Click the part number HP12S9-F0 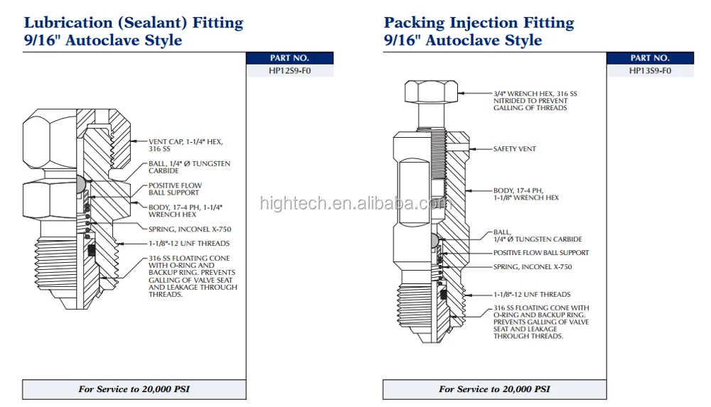pyautogui.click(x=289, y=71)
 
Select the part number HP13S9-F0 pyautogui.click(x=650, y=71)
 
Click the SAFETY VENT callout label pyautogui.click(x=515, y=149)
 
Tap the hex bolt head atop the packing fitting pyautogui.click(x=431, y=92)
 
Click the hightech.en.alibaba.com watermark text pyautogui.click(x=355, y=203)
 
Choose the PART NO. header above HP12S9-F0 pyautogui.click(x=289, y=58)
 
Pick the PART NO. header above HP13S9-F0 pyautogui.click(x=650, y=58)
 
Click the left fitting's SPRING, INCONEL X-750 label pyautogui.click(x=189, y=229)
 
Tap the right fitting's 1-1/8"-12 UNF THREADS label pyautogui.click(x=532, y=294)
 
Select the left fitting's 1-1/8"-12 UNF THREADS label pyautogui.click(x=188, y=244)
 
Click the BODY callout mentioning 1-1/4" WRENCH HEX pyautogui.click(x=185, y=210)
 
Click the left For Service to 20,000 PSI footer pyautogui.click(x=134, y=389)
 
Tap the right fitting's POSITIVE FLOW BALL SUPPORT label pyautogui.click(x=541, y=253)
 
